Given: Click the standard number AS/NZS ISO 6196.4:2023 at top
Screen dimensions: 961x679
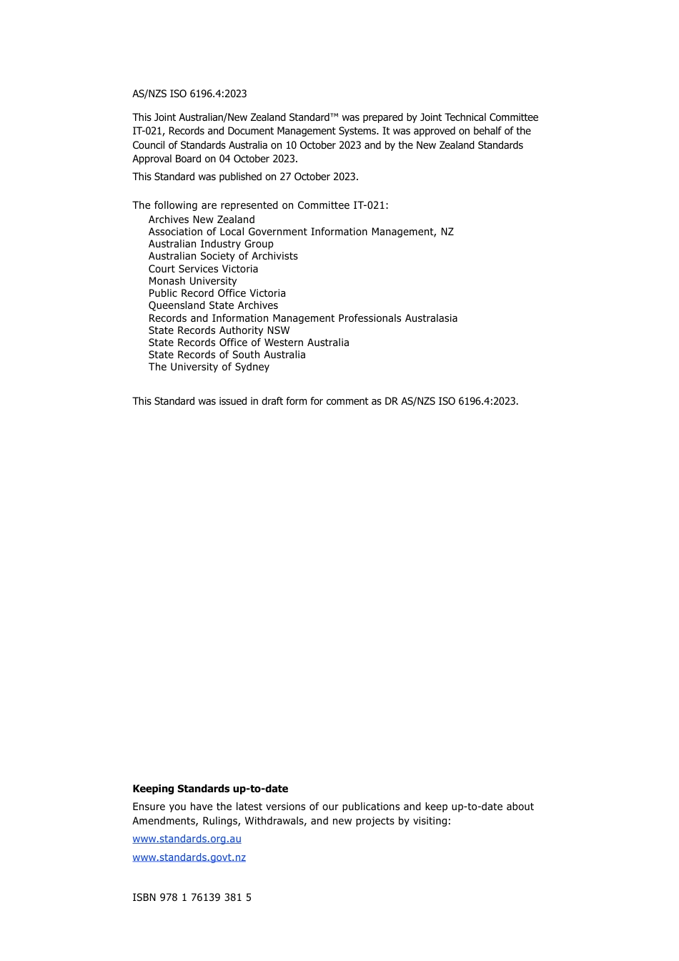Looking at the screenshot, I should [189, 94].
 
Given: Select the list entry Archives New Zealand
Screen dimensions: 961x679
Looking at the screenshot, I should [202, 220].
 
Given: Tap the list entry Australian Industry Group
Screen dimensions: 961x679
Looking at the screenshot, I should [211, 244].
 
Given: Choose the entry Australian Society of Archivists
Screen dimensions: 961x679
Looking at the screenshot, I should [223, 256].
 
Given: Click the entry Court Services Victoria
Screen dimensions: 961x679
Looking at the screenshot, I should [203, 269].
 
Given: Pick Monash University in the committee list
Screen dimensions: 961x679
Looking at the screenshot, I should [192, 281].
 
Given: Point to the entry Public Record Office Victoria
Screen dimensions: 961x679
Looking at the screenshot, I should [217, 293].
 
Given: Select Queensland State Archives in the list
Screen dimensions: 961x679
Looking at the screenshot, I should [213, 305].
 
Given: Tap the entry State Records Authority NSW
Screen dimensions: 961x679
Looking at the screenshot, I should [219, 330].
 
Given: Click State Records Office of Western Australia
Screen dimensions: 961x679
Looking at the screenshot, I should [249, 342].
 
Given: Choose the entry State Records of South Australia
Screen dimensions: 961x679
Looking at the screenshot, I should [227, 355].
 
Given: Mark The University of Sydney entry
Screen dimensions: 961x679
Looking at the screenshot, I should [209, 367].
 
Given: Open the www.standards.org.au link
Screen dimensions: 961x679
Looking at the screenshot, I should [187, 839].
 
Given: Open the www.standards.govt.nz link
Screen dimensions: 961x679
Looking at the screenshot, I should [189, 857].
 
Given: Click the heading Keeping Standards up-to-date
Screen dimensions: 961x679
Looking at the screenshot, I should [210, 789].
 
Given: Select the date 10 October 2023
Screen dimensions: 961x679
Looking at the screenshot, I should [323, 145].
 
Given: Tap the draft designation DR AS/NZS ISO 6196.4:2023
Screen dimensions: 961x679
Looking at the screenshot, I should [450, 401].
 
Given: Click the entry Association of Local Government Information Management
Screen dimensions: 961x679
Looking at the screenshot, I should [301, 232].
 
